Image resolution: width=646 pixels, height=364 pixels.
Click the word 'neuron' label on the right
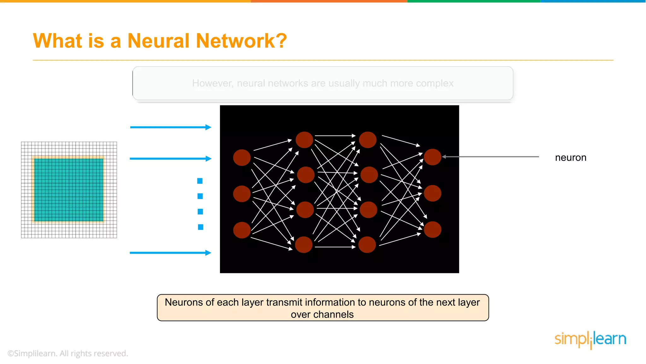coord(570,157)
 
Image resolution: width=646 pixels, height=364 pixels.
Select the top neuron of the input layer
coord(242,157)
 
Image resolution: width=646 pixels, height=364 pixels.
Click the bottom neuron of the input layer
coord(242,230)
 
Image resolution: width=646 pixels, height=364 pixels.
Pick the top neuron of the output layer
coord(432,157)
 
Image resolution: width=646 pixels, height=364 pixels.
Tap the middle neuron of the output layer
coord(432,193)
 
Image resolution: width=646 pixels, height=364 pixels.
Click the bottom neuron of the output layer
coord(432,229)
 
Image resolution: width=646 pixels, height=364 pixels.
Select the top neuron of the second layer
coord(304,140)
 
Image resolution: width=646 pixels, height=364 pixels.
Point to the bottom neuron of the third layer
coord(367,245)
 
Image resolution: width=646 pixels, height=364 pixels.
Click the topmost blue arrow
coord(170,127)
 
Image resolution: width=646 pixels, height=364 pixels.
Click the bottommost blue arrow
coord(170,253)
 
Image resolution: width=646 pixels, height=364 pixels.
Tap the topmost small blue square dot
coord(200,181)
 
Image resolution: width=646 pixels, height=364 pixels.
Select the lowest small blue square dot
coord(201,227)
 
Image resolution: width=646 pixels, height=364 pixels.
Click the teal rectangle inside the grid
coord(69,190)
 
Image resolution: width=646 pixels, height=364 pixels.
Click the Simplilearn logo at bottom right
coord(590,339)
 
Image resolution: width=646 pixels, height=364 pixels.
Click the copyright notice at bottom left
coord(68,353)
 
